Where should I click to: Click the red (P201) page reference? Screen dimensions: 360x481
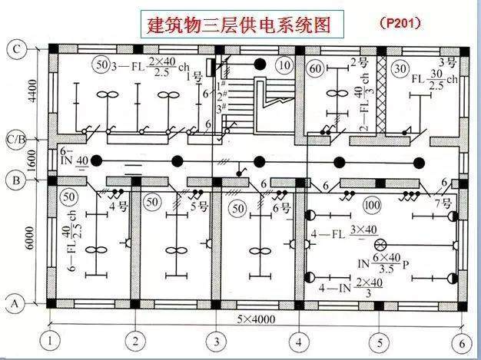[400, 23]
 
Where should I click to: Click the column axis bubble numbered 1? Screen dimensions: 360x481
[51, 341]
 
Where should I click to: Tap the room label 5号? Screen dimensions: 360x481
[198, 206]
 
